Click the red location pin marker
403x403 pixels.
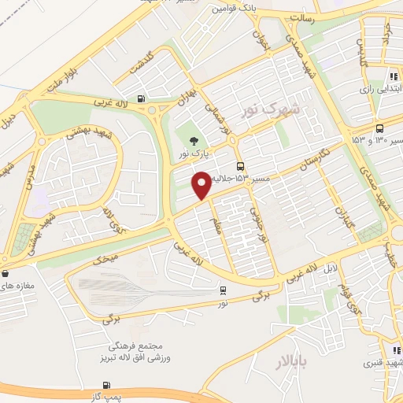pos(201,185)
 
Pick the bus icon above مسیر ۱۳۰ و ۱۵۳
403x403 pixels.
pos(381,129)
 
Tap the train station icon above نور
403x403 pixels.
pos(224,290)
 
